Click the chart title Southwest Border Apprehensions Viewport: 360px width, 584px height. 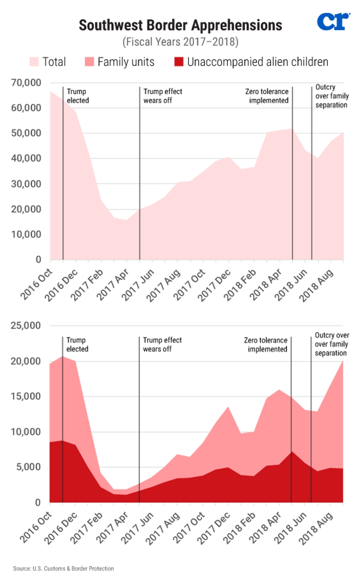click(x=180, y=25)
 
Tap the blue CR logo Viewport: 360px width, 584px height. click(x=333, y=22)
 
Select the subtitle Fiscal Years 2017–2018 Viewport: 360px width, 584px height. click(x=180, y=42)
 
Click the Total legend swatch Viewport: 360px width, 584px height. click(x=34, y=62)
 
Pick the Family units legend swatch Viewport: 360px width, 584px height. click(x=89, y=62)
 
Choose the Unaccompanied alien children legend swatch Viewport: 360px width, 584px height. click(x=179, y=62)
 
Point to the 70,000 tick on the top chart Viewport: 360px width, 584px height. click(x=26, y=83)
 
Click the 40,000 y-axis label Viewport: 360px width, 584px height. click(x=26, y=158)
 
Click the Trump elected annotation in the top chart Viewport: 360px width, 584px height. click(x=78, y=96)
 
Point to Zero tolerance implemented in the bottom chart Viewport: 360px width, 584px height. click(x=266, y=345)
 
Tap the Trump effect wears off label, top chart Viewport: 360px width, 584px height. click(x=162, y=96)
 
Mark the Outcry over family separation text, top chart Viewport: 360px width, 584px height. click(x=332, y=96)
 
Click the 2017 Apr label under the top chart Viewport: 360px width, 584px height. click(x=113, y=284)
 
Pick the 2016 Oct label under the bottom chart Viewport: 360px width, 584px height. click(x=36, y=527)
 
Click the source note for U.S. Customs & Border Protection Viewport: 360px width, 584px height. click(x=64, y=569)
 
